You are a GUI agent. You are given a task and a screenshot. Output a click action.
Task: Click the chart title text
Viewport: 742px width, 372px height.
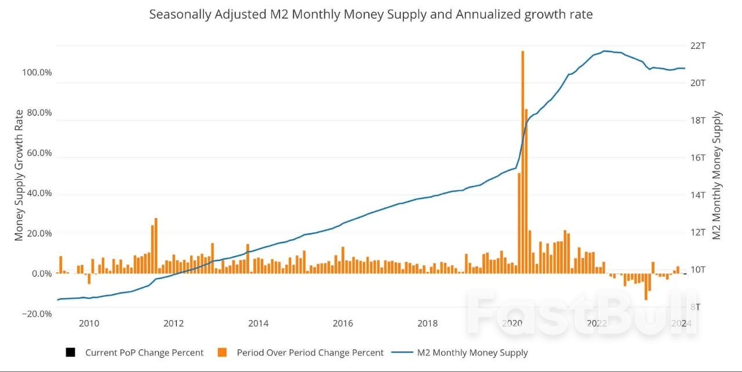(371, 15)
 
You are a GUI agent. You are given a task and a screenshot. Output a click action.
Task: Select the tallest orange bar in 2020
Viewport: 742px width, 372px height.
(522, 162)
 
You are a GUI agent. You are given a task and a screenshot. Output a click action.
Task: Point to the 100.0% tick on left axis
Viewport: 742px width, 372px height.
(37, 73)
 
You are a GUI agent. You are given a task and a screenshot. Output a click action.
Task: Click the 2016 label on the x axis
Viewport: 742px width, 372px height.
(343, 323)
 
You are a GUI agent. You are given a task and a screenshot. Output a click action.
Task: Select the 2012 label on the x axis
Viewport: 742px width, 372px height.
(173, 323)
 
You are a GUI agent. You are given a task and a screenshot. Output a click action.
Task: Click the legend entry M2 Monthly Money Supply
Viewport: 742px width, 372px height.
(472, 352)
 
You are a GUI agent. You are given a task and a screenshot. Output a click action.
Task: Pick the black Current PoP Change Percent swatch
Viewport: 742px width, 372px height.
(71, 352)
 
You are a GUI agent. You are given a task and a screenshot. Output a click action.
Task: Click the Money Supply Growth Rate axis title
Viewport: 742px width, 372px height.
(19, 175)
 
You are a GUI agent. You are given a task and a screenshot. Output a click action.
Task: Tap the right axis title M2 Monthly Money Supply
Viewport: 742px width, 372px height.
(717, 175)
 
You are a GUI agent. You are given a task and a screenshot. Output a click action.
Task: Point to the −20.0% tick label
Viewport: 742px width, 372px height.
(36, 313)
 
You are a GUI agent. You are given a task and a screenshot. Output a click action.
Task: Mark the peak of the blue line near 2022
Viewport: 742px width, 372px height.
(605, 51)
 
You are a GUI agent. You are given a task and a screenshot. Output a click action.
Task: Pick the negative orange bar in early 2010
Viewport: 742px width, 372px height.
(89, 279)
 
